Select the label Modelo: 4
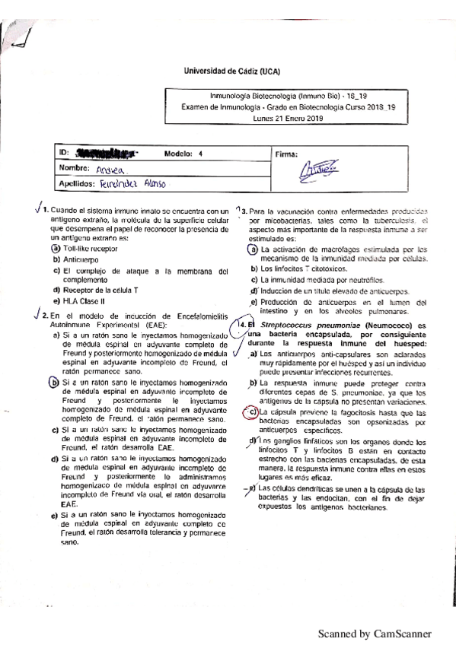(183, 154)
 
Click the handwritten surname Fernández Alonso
(132, 185)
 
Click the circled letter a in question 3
(254, 249)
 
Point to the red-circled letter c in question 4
(252, 412)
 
